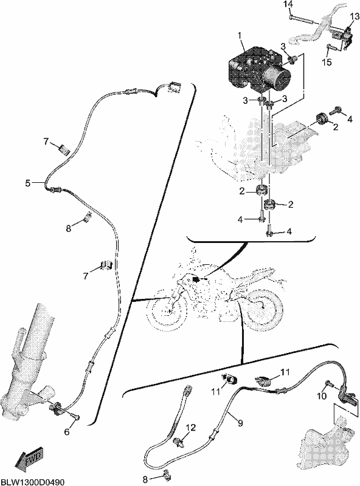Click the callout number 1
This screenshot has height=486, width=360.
point(239,35)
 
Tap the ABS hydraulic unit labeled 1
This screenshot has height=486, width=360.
point(259,70)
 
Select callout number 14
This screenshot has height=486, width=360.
point(288,5)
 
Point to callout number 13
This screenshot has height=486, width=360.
point(354,16)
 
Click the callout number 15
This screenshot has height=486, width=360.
point(327,63)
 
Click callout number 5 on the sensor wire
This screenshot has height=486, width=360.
point(28,183)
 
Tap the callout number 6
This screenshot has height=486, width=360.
point(67,432)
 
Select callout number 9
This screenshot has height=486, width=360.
point(240,423)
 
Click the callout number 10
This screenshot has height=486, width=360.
point(322,396)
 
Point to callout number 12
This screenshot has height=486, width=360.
point(191,428)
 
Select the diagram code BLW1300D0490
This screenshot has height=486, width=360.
point(32,482)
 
